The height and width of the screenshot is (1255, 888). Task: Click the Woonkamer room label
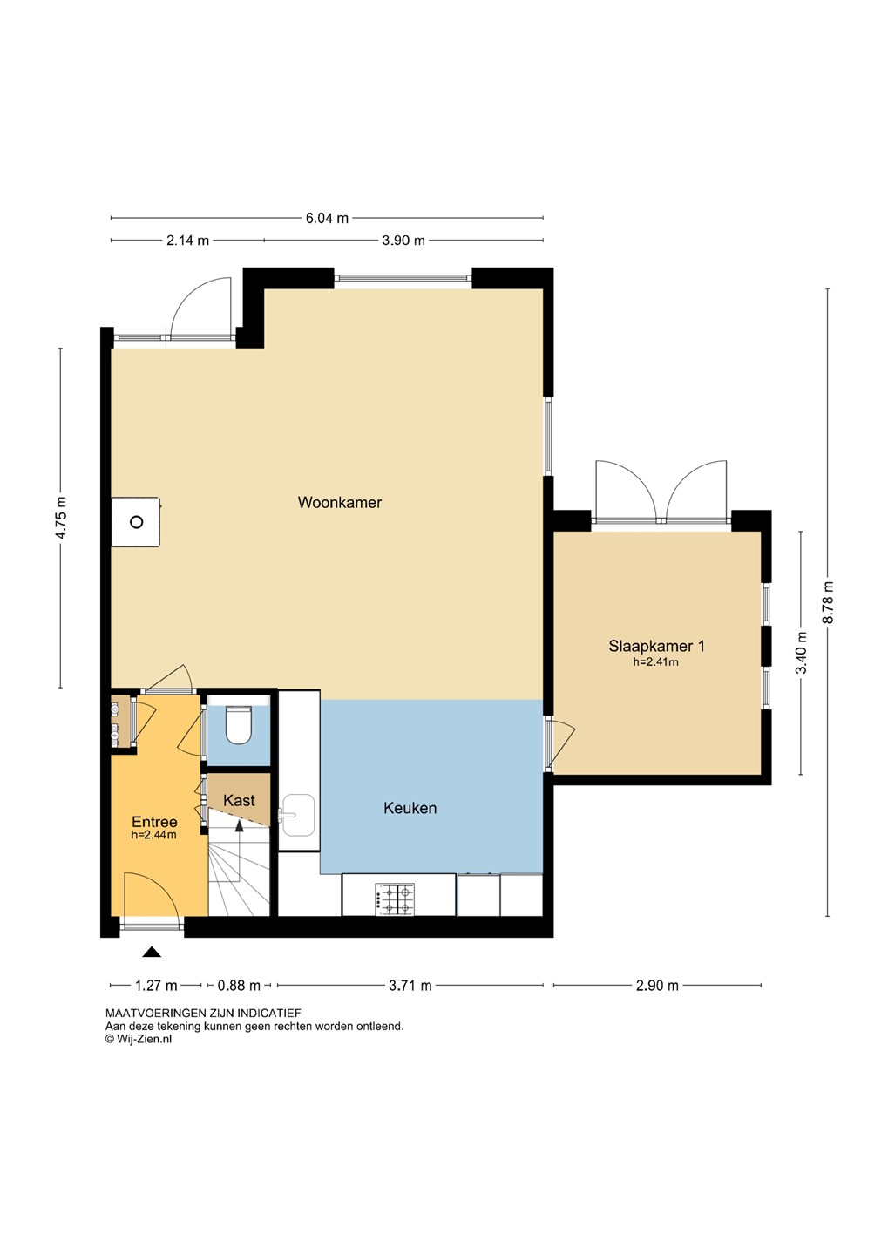coord(340,502)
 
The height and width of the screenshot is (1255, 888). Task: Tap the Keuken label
coord(410,808)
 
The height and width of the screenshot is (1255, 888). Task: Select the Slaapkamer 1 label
coord(656,646)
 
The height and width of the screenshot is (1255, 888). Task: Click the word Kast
coord(240,800)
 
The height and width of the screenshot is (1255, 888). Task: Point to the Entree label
coord(154,822)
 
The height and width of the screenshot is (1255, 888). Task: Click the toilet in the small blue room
coord(238,724)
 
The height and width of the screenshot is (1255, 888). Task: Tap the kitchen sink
coord(297,815)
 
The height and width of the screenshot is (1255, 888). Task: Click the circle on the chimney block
coord(136,522)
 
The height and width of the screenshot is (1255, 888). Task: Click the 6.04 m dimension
coord(327,219)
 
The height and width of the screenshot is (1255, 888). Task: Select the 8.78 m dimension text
coord(829,602)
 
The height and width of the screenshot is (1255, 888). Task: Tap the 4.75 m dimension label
coord(61,518)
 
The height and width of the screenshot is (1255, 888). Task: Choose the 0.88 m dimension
coord(240,985)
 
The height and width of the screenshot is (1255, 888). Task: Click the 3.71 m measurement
coord(410,985)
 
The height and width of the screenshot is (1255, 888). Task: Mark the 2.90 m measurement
coord(657,985)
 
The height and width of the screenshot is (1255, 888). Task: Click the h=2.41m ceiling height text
coord(656,661)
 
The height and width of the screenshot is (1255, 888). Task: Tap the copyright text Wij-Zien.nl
coord(139,1038)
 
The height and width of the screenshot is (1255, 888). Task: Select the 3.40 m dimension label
coord(803,654)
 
